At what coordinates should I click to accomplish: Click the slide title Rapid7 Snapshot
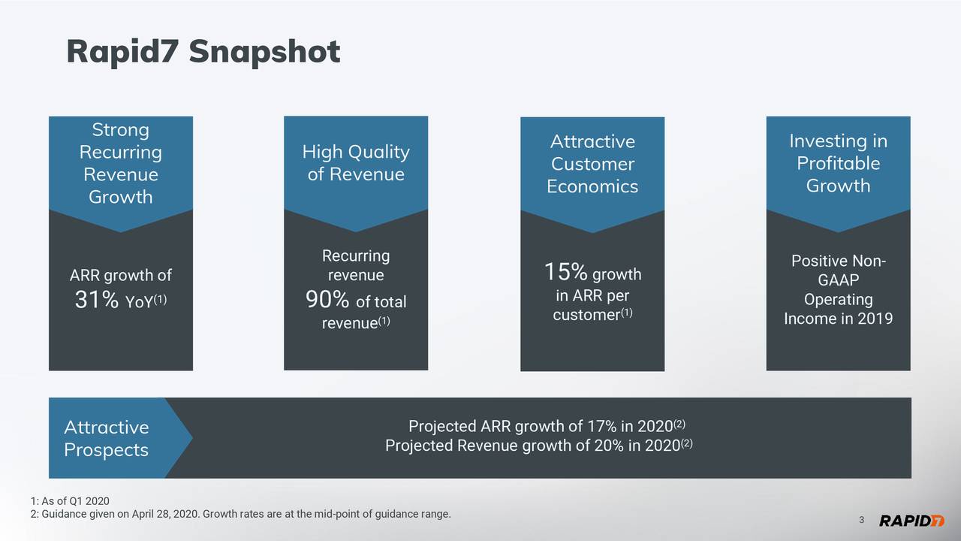point(203,52)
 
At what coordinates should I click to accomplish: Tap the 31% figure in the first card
point(97,301)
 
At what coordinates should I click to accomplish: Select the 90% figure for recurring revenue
point(328,301)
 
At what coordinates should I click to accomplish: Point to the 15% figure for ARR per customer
point(565,272)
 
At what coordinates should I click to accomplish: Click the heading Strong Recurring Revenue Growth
point(120,164)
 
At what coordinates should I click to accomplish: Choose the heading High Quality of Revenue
point(356,164)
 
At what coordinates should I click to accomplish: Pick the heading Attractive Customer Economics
point(592,164)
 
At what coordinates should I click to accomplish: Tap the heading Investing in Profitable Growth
point(838,164)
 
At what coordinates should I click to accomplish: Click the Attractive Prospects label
point(106,439)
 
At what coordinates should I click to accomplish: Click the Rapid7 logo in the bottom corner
point(911,521)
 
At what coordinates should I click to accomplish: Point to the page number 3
point(861,521)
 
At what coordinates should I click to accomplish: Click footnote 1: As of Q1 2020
point(70,501)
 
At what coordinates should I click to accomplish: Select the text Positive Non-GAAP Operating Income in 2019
point(838,290)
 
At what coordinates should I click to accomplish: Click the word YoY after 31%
point(140,303)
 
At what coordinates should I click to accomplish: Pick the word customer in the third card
point(586,314)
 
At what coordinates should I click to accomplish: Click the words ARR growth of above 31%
point(120,276)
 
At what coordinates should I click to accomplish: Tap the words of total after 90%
point(381,303)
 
